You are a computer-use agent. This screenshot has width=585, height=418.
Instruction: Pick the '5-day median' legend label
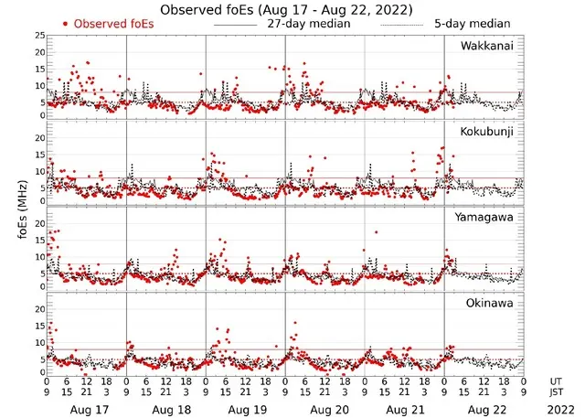tap(473, 23)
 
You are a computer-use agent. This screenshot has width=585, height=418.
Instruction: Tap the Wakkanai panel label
tap(486, 45)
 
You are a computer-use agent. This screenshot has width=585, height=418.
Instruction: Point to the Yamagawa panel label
tap(484, 217)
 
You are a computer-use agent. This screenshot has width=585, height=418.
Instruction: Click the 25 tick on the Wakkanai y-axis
tap(37, 36)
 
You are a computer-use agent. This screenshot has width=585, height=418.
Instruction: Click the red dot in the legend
tap(66, 23)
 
